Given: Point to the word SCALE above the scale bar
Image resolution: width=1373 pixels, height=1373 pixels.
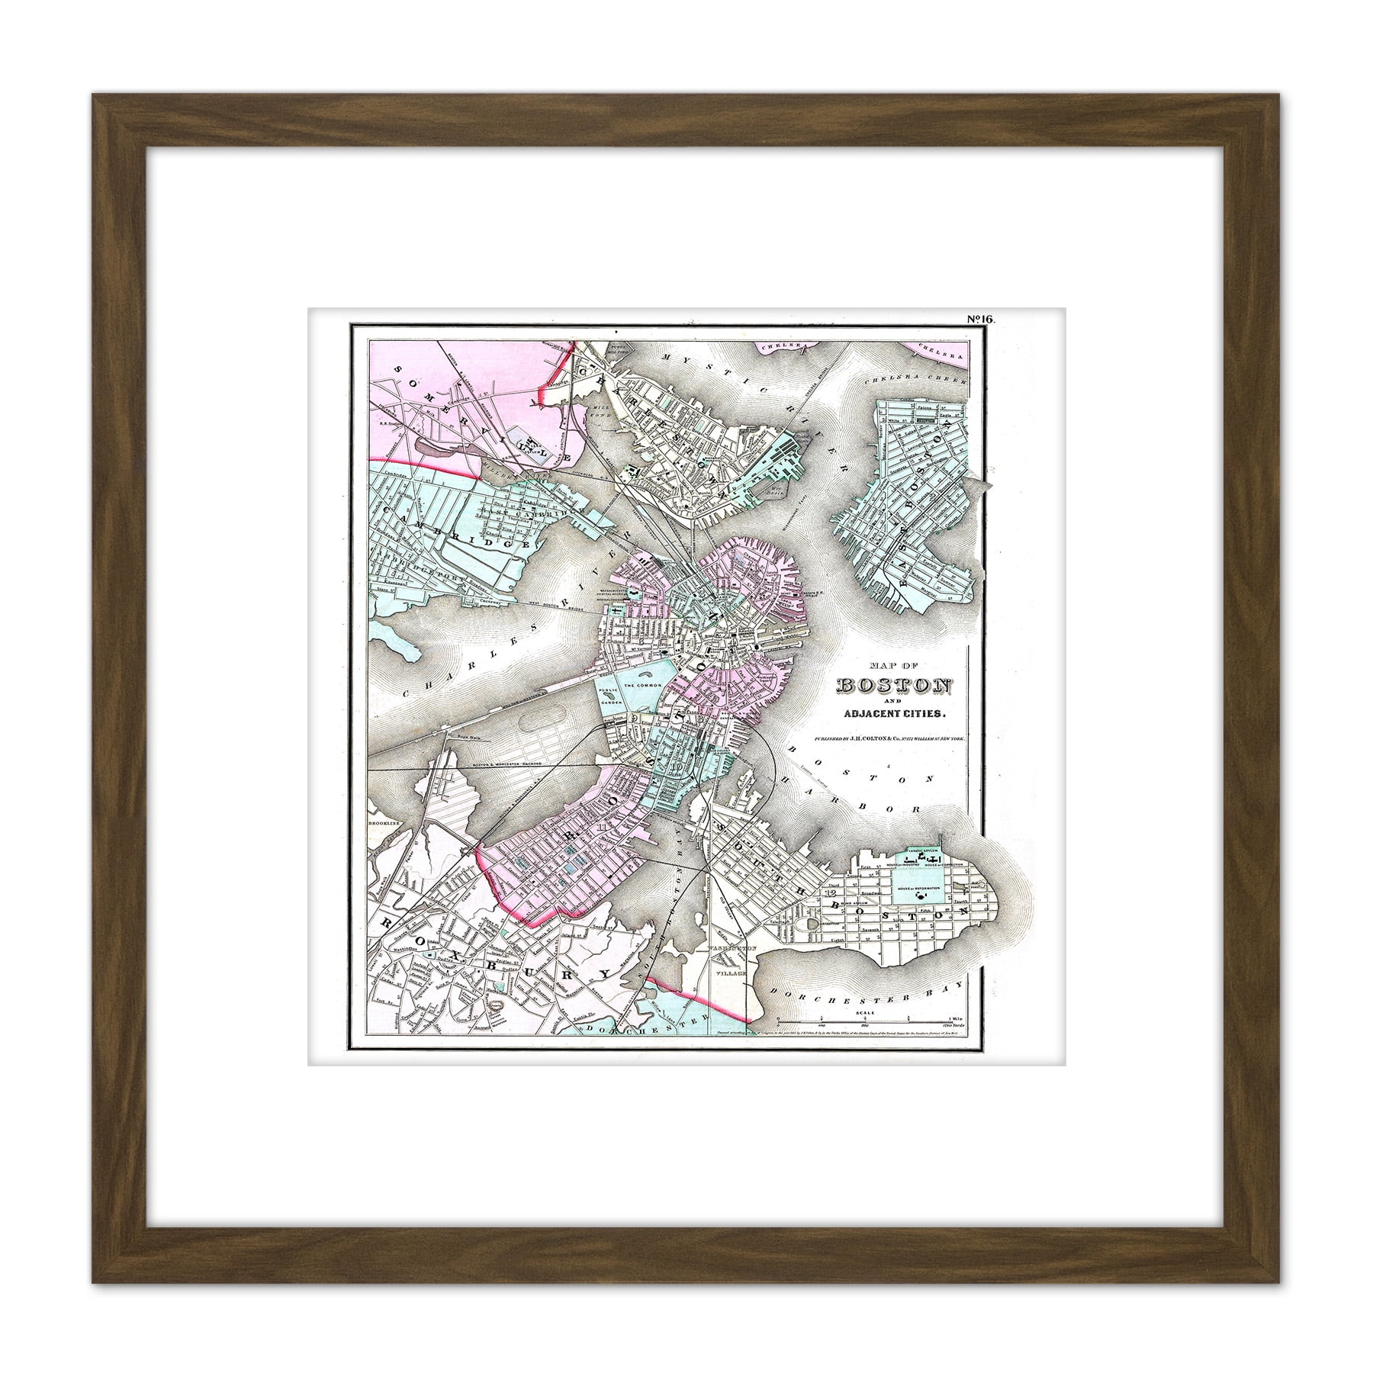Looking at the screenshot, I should click(x=864, y=1012).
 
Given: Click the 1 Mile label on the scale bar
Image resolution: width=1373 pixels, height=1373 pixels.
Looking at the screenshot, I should click(x=954, y=1020).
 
